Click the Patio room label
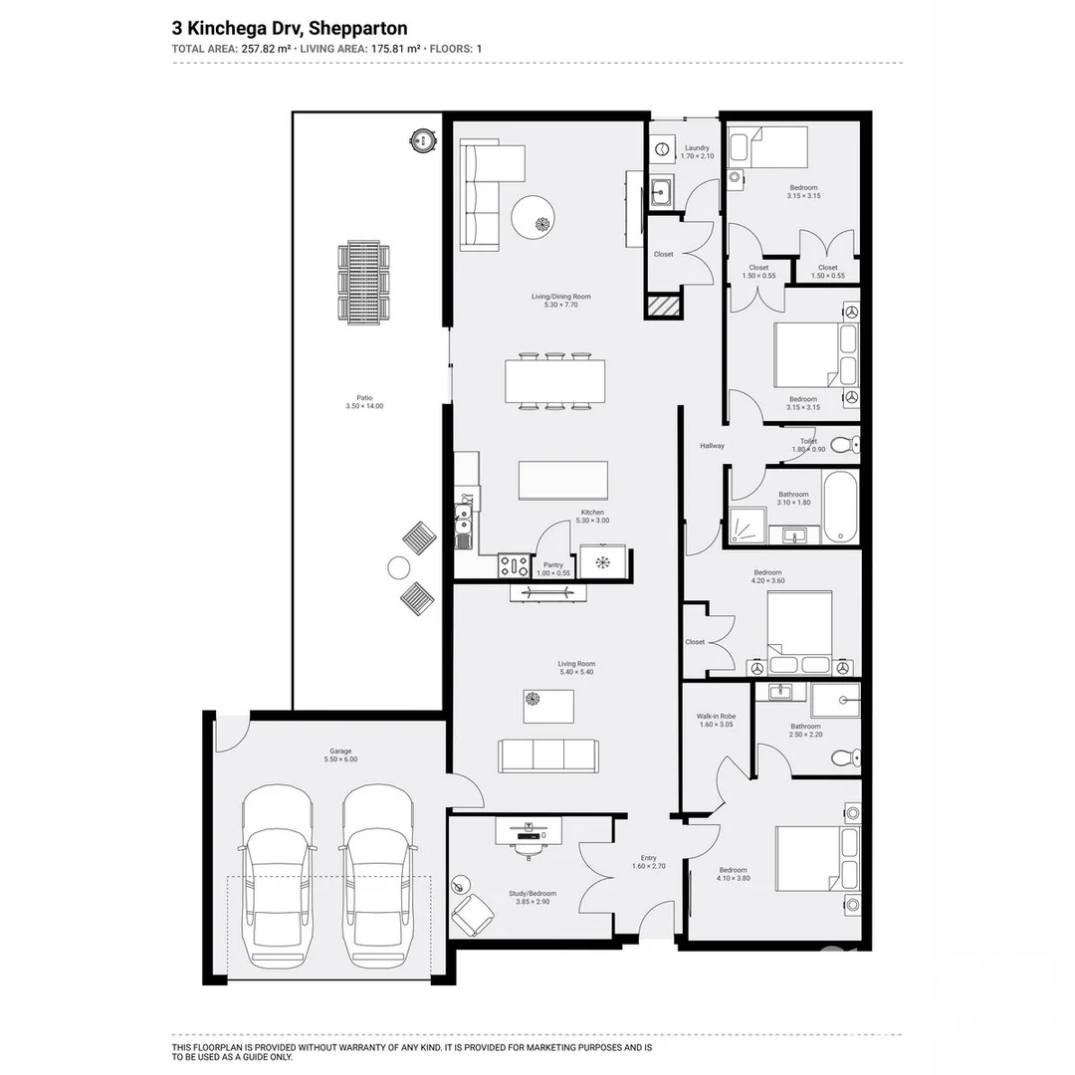point(363,397)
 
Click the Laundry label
point(697,148)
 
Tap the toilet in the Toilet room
point(844,444)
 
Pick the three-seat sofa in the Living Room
point(548,755)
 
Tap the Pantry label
point(552,565)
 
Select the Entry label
point(649,858)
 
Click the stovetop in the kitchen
point(515,565)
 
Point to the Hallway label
point(712,446)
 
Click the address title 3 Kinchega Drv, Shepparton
point(290,29)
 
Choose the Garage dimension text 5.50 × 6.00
point(340,759)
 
